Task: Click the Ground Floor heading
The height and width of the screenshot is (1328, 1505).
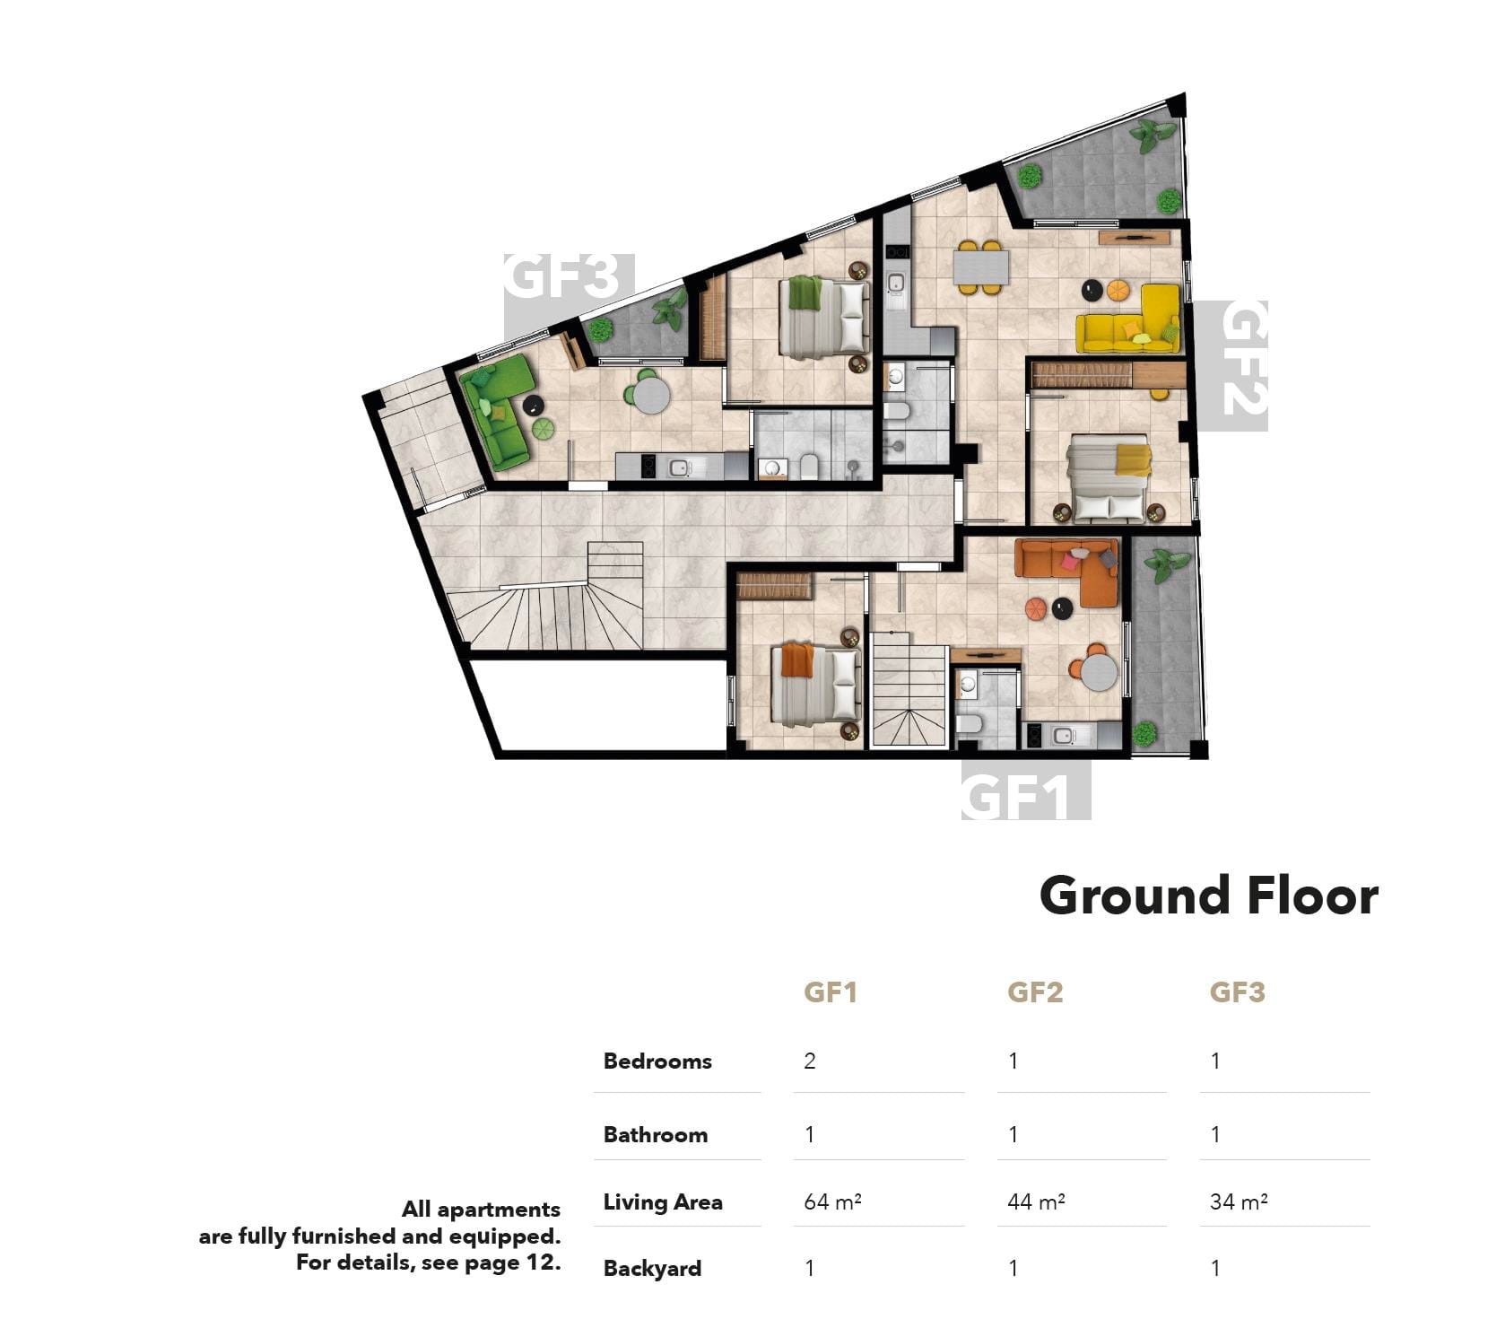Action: coord(1208,896)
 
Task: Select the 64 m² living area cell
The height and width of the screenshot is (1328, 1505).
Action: coord(832,1201)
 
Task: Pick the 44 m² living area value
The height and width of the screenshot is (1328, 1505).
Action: coord(1036,1201)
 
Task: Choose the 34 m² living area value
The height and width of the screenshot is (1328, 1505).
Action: coord(1239,1201)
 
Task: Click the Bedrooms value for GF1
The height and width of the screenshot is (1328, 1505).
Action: coord(810,1062)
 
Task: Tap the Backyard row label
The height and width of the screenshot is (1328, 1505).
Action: coord(652,1269)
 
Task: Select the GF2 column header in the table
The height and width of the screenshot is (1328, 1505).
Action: coord(1035,992)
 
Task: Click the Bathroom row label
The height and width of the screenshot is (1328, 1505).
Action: coord(656,1135)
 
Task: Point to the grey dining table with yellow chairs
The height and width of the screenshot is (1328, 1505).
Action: coord(980,266)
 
